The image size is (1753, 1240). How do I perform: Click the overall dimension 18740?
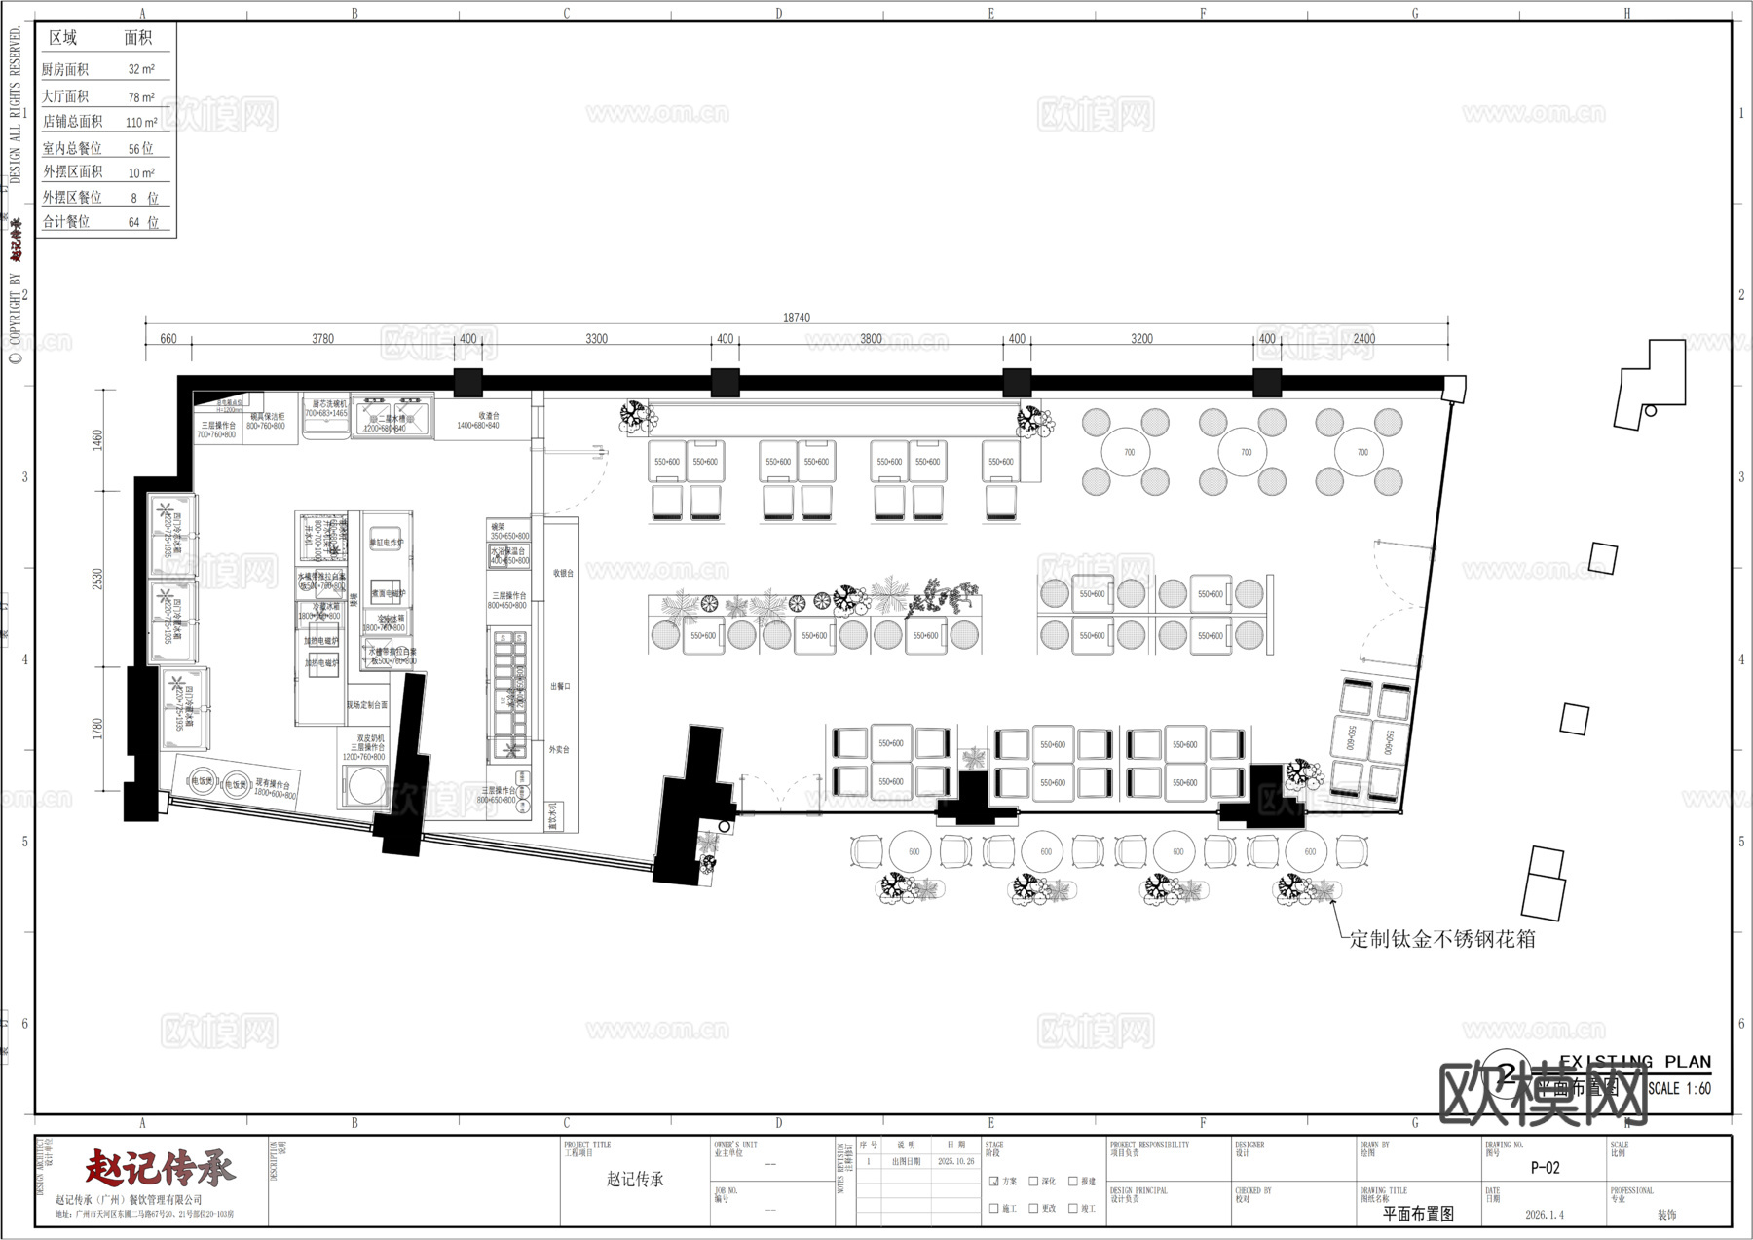796,318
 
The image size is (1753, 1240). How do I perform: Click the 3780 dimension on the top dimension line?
322,339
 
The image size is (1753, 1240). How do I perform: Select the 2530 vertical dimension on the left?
97,579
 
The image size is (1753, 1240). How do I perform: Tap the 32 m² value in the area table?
141,70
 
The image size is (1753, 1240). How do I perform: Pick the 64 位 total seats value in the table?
143,222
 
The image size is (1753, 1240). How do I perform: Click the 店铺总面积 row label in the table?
72,122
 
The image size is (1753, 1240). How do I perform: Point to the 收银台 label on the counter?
563,573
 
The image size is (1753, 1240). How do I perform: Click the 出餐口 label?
560,686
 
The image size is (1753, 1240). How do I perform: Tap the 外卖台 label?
559,749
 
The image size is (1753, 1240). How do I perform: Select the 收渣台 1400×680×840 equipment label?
478,420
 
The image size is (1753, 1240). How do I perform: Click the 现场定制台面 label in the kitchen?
367,704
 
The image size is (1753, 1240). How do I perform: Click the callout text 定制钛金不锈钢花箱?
1442,939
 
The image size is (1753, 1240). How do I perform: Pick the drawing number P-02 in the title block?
1546,1168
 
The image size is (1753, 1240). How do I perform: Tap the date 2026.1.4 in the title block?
1545,1215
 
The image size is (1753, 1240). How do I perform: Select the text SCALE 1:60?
1679,1088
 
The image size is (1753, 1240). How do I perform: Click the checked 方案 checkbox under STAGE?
994,1181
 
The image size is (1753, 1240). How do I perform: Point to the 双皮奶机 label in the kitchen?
370,738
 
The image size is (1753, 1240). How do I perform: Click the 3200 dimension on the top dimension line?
1141,339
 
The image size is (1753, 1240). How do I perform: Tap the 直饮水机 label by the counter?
551,814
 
